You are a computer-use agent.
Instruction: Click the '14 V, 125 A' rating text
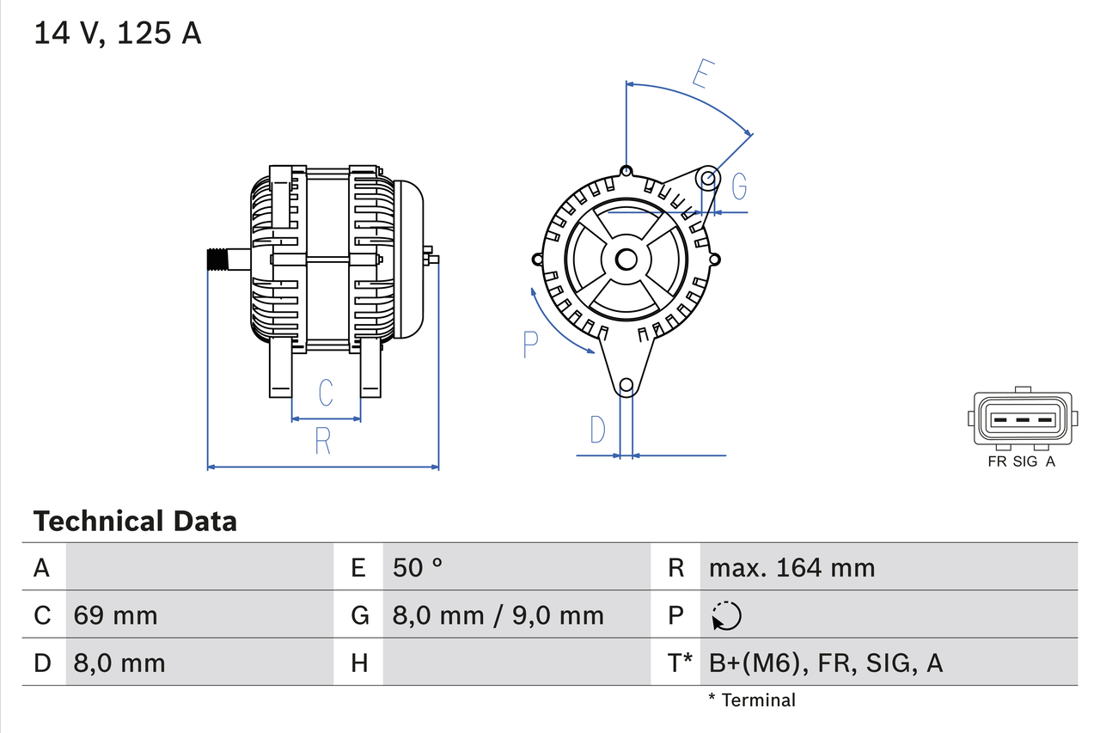point(117,33)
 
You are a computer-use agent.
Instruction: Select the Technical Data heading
point(134,521)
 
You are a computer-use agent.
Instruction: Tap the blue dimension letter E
point(702,76)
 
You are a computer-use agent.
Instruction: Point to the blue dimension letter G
point(738,186)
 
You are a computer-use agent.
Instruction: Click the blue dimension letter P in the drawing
point(530,345)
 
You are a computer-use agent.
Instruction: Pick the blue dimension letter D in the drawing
point(597,430)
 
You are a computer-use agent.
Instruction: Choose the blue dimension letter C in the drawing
point(326,393)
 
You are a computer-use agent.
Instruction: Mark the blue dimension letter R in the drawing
point(322,441)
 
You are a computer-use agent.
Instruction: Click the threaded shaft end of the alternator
point(222,260)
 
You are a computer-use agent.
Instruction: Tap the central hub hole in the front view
point(626,259)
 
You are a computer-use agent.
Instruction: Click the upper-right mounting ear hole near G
point(707,179)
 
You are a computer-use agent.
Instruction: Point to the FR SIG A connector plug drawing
point(1022,420)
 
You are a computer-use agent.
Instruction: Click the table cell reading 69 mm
point(116,615)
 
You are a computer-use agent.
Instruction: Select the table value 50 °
point(418,567)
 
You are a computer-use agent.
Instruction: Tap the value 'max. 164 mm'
point(791,567)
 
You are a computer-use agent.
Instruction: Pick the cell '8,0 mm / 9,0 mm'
point(498,615)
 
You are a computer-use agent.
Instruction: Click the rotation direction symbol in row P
point(726,615)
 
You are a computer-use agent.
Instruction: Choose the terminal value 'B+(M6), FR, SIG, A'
point(825,663)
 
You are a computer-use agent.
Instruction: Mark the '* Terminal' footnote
point(752,699)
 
